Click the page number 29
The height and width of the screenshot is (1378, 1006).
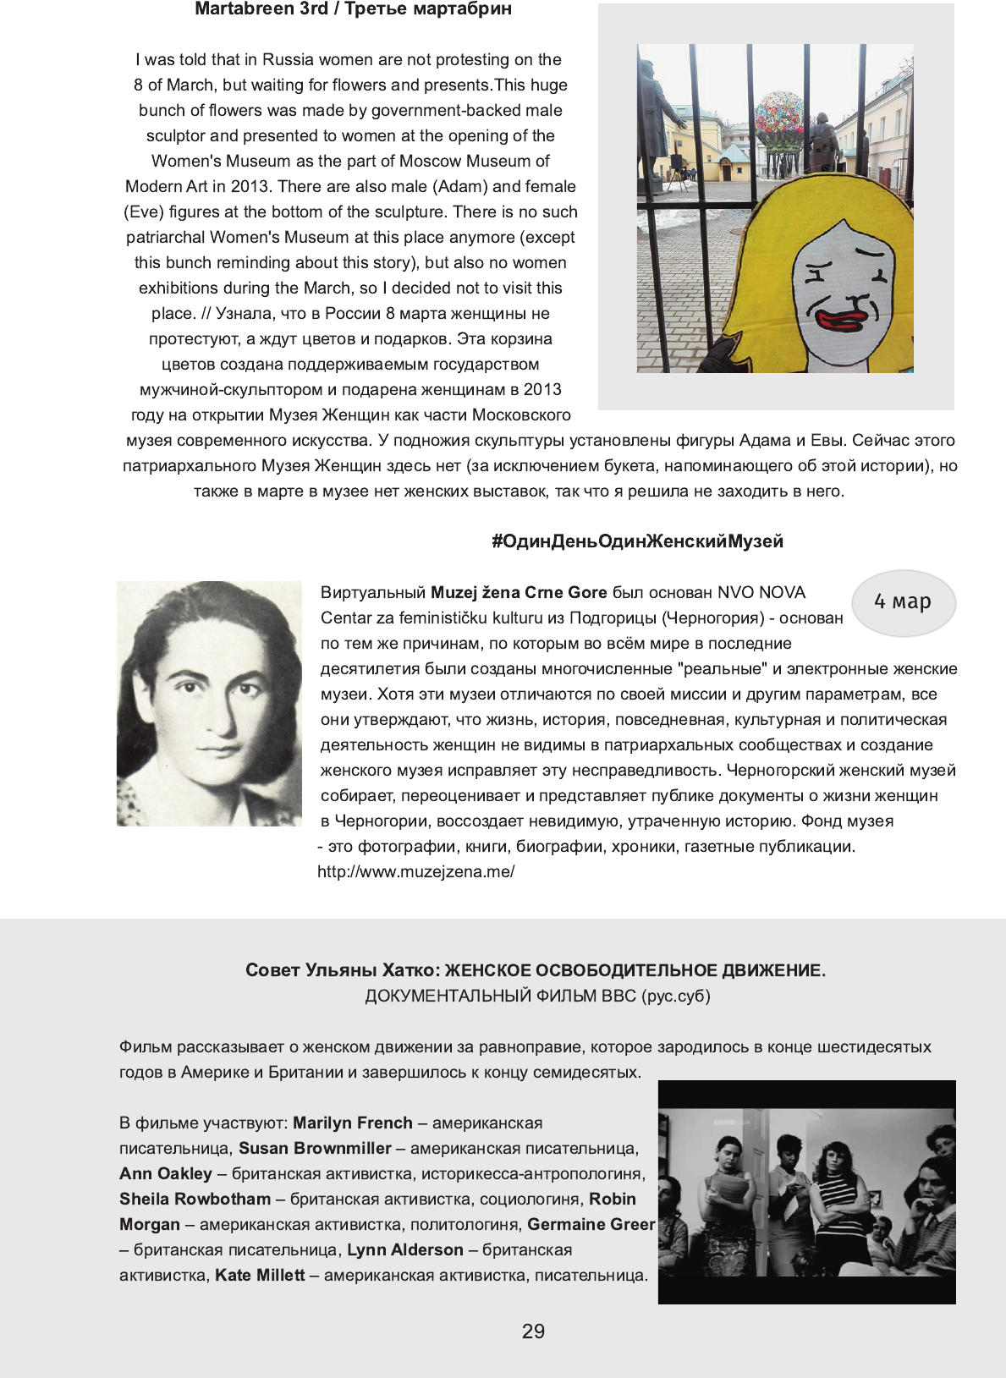(533, 1331)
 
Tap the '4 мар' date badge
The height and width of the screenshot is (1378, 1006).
(903, 602)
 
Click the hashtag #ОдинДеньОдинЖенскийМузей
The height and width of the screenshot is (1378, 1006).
(637, 541)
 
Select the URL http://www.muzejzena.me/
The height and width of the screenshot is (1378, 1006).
(416, 872)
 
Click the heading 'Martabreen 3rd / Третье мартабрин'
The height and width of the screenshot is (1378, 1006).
(353, 9)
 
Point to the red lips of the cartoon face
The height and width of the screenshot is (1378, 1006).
(840, 321)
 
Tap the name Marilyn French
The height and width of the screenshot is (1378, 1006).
(353, 1123)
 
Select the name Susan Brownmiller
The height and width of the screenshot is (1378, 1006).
(315, 1149)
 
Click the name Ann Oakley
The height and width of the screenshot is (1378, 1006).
(166, 1174)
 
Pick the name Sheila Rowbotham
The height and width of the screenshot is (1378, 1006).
(195, 1200)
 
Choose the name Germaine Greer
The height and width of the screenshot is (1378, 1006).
(591, 1225)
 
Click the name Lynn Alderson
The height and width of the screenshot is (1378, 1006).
(405, 1250)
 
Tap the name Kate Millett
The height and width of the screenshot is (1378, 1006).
(260, 1276)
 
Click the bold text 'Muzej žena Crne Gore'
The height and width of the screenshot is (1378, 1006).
(519, 593)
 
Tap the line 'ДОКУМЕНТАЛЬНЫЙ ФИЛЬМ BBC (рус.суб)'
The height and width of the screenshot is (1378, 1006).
(537, 996)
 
